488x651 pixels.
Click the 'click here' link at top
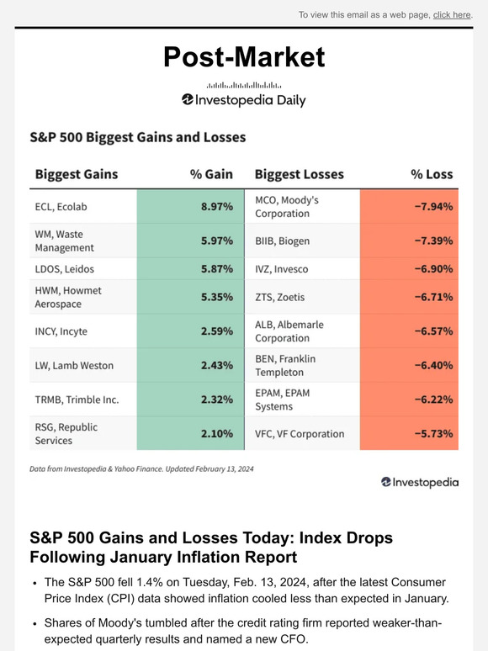coord(452,14)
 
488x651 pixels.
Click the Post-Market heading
coord(243,56)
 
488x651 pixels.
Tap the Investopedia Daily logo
coord(243,100)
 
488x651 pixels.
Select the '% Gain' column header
coord(210,174)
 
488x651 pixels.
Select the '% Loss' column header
coord(431,174)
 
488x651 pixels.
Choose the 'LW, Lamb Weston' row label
coord(74,366)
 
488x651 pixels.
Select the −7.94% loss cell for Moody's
coord(432,206)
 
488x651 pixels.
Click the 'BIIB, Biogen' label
coord(282,241)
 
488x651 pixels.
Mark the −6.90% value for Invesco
coord(432,269)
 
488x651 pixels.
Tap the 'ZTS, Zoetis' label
coord(280,297)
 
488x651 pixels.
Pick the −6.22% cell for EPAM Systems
coord(432,400)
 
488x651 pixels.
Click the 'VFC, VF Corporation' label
coord(299,434)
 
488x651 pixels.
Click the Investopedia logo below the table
coord(420,482)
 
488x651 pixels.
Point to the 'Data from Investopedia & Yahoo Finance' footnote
coord(141,468)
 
